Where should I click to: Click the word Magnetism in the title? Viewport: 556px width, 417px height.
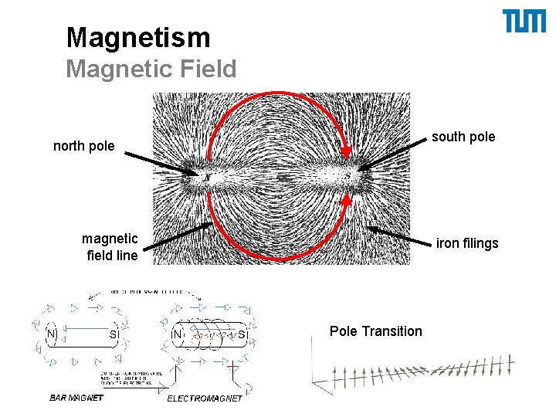point(137,37)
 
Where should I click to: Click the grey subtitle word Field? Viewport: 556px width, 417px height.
point(207,69)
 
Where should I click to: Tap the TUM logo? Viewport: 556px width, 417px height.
point(524,22)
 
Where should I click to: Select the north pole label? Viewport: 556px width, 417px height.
point(83,146)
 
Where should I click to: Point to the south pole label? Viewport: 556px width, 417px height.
point(463,137)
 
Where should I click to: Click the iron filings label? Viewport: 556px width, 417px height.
point(467,243)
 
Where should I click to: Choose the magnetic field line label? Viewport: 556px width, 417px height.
point(110,246)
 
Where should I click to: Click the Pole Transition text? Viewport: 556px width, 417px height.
point(376,331)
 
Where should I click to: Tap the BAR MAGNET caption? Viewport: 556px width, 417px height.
point(76,398)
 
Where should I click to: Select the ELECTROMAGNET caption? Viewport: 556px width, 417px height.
point(205,398)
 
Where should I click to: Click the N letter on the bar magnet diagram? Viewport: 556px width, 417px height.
point(52,334)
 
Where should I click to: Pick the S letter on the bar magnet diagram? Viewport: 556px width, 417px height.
point(113,335)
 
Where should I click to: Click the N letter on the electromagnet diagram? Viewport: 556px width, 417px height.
point(178,335)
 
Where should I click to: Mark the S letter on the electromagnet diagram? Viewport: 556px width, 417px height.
point(242,335)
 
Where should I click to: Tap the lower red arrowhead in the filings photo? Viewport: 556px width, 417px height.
point(347,199)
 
